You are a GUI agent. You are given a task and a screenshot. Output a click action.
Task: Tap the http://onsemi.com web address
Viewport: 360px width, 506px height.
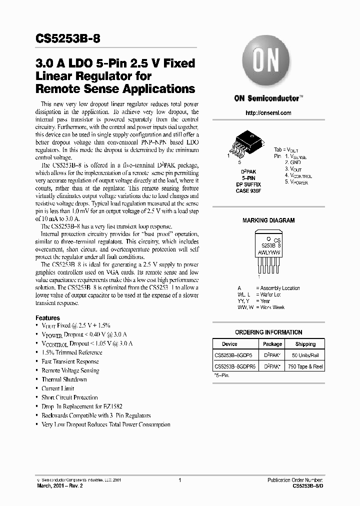tap(268, 113)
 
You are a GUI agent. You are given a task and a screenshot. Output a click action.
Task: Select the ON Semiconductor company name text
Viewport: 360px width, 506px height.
tap(267, 98)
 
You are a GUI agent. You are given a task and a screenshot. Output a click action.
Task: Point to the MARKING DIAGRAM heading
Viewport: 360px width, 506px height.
tap(268, 220)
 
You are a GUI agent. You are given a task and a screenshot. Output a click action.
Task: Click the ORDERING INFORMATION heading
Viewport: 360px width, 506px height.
tap(268, 332)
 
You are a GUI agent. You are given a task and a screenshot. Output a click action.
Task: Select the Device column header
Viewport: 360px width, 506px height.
tap(229, 344)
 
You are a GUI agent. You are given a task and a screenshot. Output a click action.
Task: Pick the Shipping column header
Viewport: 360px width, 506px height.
tap(305, 344)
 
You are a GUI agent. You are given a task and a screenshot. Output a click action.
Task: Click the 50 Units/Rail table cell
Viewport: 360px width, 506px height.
tap(305, 355)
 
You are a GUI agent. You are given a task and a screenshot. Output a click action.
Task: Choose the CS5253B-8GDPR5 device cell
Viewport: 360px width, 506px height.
tap(235, 366)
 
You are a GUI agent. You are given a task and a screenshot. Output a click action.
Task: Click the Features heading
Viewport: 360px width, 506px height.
tap(47, 318)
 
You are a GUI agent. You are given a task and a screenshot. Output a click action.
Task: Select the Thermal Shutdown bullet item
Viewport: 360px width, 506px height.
tap(64, 379)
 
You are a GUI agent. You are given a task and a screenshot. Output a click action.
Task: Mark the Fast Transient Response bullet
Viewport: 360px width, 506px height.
tap(70, 361)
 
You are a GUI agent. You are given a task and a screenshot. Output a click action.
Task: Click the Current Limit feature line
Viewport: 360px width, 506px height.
tap(58, 388)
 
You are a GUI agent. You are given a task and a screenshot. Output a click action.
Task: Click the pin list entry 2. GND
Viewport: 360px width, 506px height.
tap(293, 163)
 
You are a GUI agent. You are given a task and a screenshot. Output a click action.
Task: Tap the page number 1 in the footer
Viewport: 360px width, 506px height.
tap(179, 480)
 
